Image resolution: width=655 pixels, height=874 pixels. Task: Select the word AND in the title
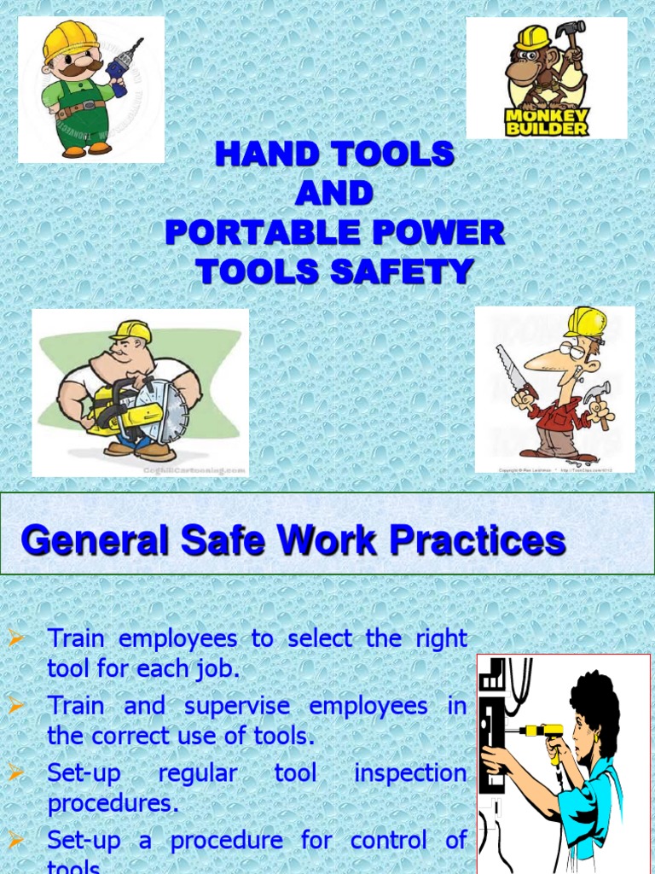coord(334,194)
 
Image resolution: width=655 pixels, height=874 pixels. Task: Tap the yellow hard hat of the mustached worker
coord(70,38)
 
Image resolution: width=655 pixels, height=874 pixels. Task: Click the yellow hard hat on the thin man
coord(585,323)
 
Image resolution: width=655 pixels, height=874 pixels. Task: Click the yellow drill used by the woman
coord(542,733)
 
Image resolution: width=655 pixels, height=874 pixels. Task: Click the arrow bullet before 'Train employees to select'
coord(14,637)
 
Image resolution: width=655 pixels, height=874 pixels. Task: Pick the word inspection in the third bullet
coord(410,773)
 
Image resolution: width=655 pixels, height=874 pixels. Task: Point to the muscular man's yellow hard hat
coord(131,331)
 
